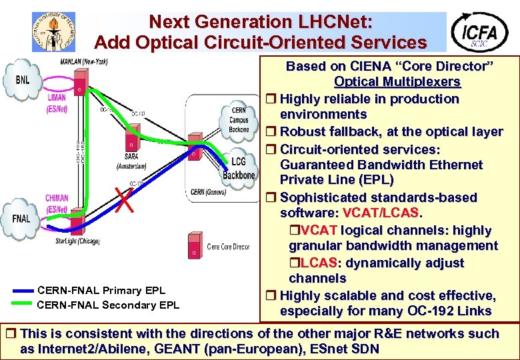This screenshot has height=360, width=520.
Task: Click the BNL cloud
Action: (22, 80)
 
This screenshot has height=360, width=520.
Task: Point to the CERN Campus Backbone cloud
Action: (239, 120)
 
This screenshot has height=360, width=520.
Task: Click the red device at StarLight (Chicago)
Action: (76, 221)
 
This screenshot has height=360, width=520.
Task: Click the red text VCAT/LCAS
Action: (381, 213)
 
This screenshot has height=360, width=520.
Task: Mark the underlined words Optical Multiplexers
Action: (397, 82)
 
